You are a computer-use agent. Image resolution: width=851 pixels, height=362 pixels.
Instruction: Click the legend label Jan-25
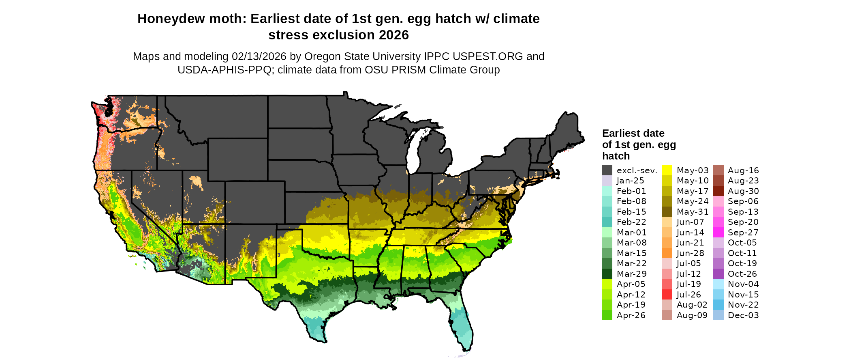pyautogui.click(x=630, y=181)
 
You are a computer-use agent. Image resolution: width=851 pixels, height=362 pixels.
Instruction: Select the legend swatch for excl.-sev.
pyautogui.click(x=607, y=170)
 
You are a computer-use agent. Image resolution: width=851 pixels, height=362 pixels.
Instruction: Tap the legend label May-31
pyautogui.click(x=693, y=212)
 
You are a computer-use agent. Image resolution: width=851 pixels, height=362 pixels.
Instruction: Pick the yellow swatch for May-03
pyautogui.click(x=667, y=170)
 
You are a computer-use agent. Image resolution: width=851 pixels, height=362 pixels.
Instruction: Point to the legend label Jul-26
pyautogui.click(x=688, y=295)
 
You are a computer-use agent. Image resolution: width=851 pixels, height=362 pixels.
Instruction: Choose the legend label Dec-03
pyautogui.click(x=743, y=315)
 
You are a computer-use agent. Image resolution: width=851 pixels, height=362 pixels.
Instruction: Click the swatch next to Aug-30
pyautogui.click(x=718, y=191)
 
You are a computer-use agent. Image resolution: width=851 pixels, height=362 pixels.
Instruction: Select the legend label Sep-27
pyautogui.click(x=743, y=233)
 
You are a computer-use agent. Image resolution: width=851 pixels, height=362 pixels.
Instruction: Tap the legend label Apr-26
pyautogui.click(x=631, y=315)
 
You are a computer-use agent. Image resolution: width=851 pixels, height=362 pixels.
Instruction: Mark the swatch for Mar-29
pyautogui.click(x=607, y=274)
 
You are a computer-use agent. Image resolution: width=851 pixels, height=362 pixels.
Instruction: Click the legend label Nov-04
pyautogui.click(x=743, y=284)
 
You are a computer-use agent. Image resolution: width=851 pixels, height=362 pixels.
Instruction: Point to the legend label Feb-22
pyautogui.click(x=631, y=222)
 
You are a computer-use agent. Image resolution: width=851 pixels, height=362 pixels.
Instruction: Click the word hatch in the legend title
pyautogui.click(x=616, y=156)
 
